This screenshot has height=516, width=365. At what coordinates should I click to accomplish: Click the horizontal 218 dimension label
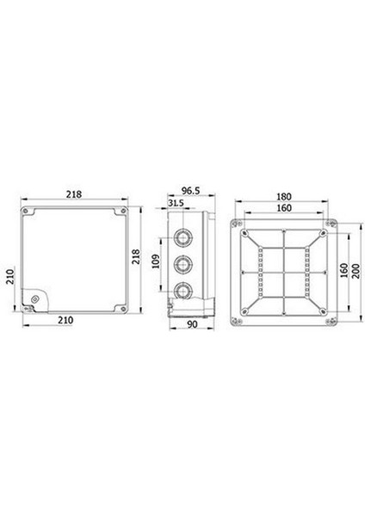[x=74, y=194]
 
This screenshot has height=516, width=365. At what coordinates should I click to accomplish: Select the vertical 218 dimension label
[x=136, y=256]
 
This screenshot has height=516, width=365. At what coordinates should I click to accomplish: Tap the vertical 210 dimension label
[x=10, y=276]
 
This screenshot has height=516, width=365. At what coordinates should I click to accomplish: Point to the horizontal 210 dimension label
[x=65, y=320]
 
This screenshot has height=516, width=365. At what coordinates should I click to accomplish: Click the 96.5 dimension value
[x=191, y=191]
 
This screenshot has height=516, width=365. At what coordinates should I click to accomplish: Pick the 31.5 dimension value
[x=176, y=203]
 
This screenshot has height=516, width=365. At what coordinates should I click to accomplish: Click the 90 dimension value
[x=192, y=324]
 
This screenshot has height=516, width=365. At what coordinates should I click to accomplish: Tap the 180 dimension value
[x=283, y=196]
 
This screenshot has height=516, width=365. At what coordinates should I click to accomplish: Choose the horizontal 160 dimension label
[x=283, y=208]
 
